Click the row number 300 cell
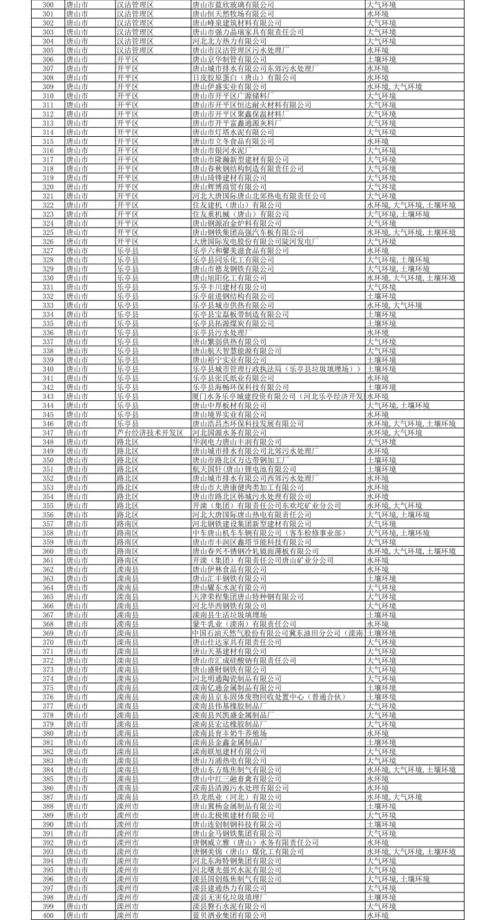click(x=48, y=4)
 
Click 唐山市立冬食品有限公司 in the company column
click(x=231, y=141)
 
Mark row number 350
click(x=48, y=460)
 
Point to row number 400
click(x=48, y=915)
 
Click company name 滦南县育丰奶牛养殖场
click(x=231, y=733)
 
